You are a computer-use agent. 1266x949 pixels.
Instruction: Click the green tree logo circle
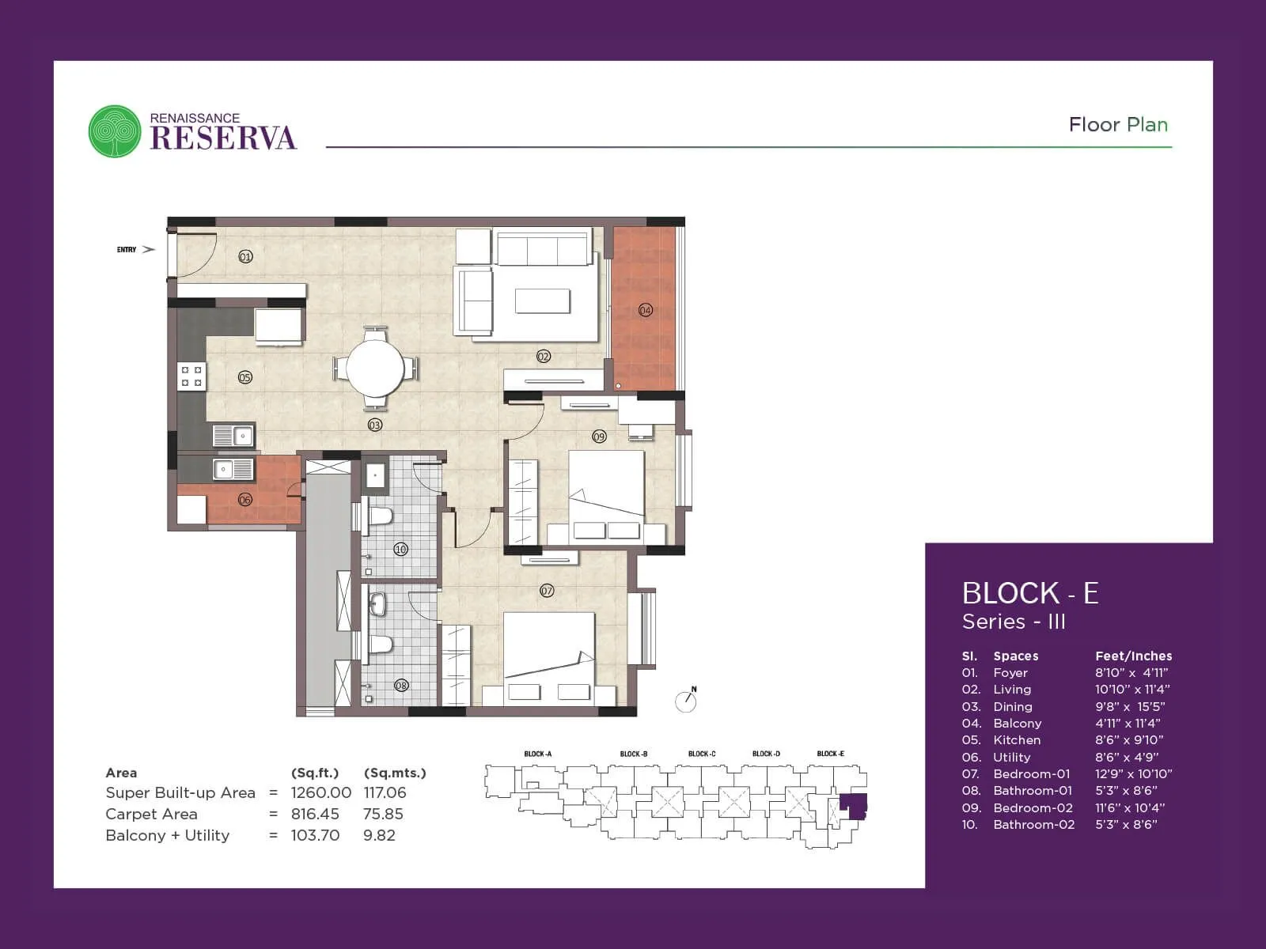click(115, 131)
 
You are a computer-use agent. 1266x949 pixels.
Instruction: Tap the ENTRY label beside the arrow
click(127, 250)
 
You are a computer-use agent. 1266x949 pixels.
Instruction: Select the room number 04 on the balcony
click(646, 310)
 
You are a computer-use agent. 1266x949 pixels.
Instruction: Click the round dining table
click(375, 369)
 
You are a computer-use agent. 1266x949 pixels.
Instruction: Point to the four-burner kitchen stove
click(191, 376)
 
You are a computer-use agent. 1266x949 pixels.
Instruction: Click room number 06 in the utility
click(245, 500)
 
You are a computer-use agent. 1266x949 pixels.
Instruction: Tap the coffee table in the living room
click(542, 301)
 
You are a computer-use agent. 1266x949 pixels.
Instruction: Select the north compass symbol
click(686, 701)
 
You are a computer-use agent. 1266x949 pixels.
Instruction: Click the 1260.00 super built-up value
click(320, 792)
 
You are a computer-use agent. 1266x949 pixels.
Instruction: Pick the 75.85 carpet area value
click(383, 814)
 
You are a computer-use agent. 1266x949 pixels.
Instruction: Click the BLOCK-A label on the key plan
click(538, 754)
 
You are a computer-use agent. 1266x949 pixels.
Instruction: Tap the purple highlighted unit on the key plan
click(854, 806)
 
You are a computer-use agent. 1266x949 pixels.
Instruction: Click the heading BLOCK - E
click(1029, 593)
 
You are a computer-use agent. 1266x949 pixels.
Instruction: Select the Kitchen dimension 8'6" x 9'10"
click(1128, 740)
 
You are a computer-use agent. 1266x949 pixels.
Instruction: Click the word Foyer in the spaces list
click(1010, 673)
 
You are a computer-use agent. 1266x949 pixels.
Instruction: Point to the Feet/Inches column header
click(1133, 656)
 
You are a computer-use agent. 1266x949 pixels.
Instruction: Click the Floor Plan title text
click(1117, 125)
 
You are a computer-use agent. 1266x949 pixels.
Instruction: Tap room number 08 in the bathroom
click(401, 686)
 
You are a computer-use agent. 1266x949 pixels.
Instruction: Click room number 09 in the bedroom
click(599, 437)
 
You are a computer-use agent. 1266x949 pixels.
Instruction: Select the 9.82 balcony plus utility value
click(379, 835)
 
